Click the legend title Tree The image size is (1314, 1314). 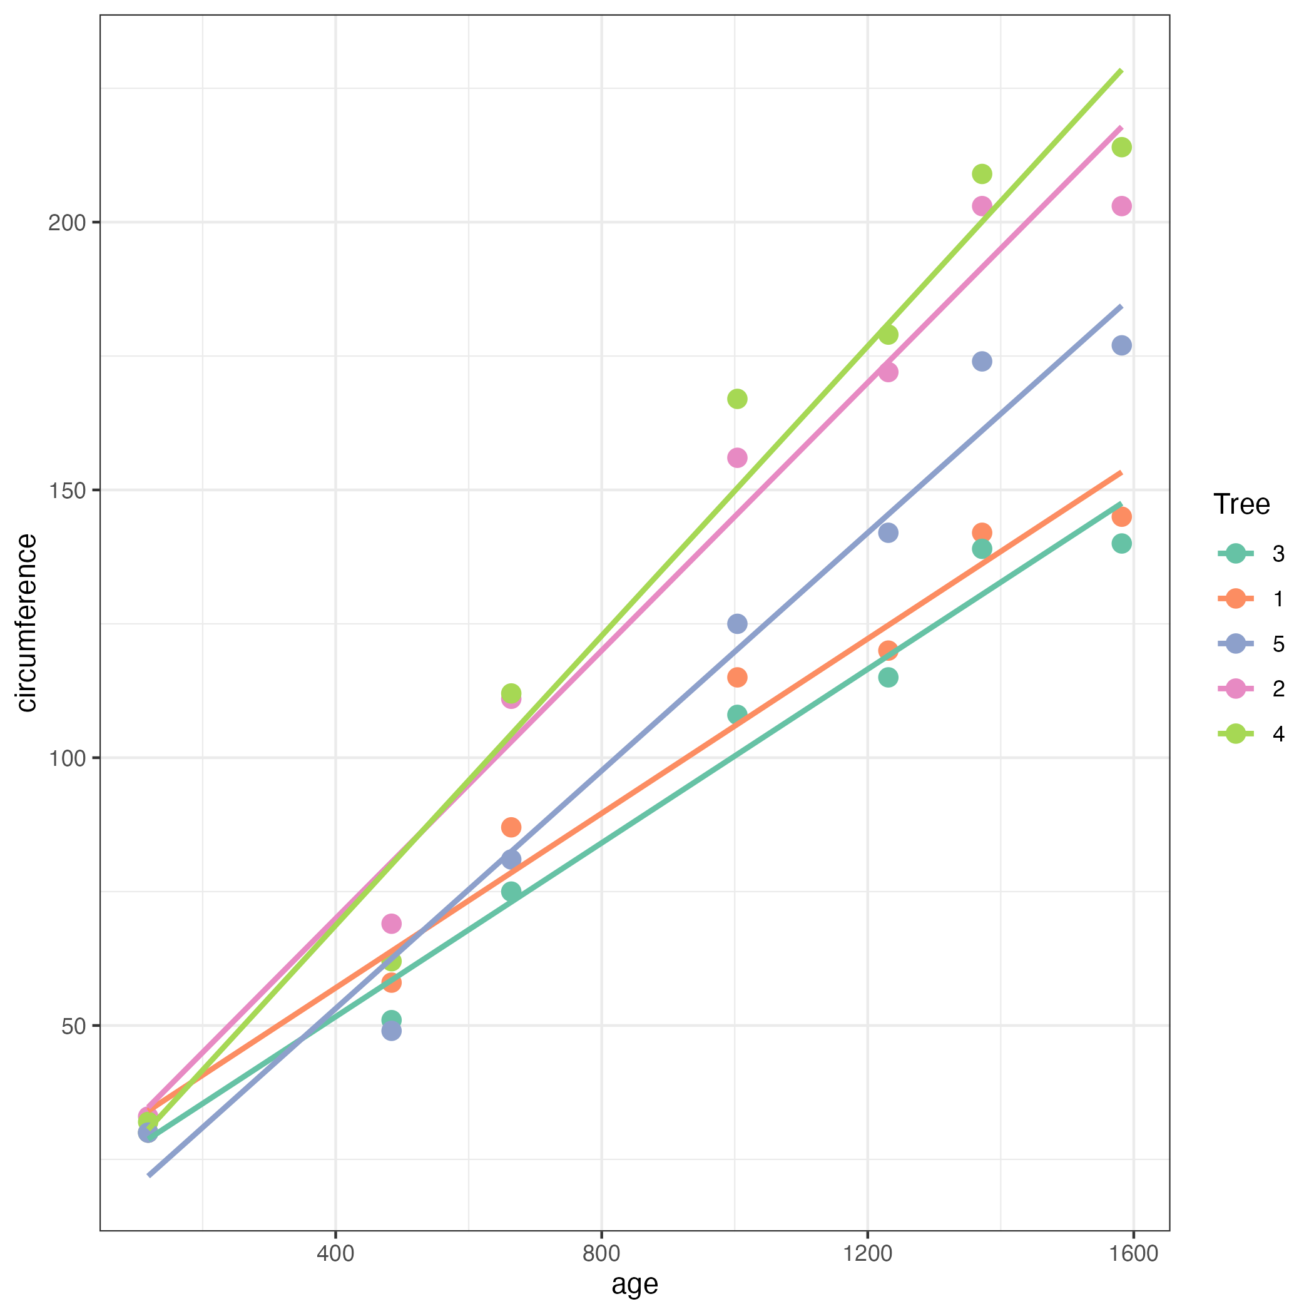coord(1241,504)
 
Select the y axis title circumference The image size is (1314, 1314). coord(26,623)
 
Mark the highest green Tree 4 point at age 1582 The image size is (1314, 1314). coord(1121,147)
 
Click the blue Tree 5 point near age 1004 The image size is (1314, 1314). coord(737,624)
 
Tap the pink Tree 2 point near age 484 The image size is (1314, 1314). coord(391,924)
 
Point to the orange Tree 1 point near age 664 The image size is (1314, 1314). coord(511,828)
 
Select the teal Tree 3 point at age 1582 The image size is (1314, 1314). coord(1121,543)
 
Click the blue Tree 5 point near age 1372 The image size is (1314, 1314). coord(981,361)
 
